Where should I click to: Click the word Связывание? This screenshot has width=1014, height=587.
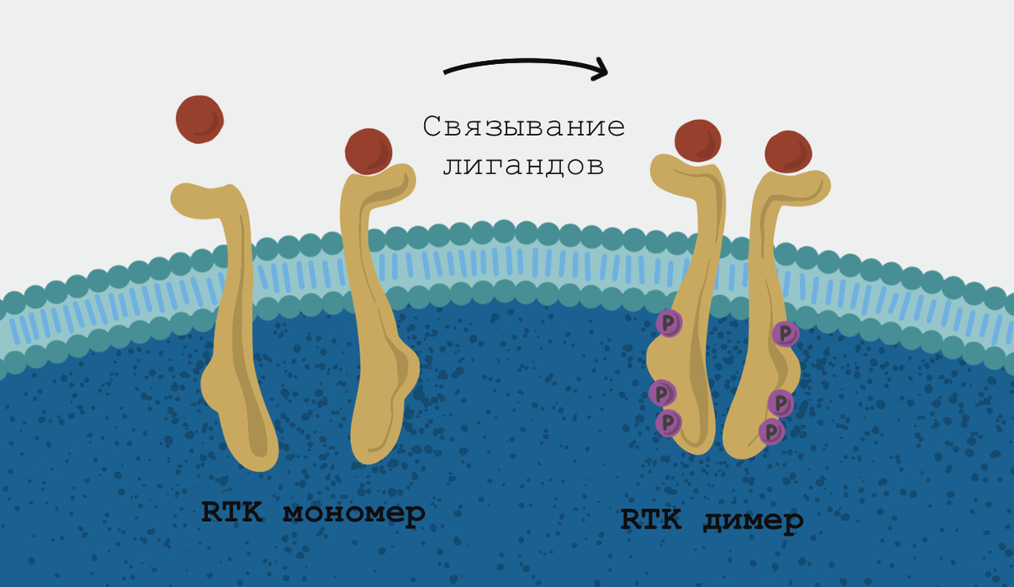(x=523, y=127)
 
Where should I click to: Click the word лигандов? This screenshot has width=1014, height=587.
(x=523, y=165)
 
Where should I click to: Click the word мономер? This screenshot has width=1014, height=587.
(x=354, y=514)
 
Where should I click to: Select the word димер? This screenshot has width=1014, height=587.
(x=754, y=520)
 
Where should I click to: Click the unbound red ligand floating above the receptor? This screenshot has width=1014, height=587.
(x=200, y=119)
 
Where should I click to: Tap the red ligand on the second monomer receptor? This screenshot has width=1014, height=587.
(x=368, y=151)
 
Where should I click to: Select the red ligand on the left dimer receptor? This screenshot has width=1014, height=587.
(x=698, y=141)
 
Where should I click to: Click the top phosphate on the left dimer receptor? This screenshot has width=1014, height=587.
(x=668, y=323)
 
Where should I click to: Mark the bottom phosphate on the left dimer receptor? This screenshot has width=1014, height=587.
(x=669, y=422)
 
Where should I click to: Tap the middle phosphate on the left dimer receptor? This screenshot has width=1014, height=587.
(x=662, y=393)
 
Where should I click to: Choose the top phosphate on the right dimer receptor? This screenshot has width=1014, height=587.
(x=786, y=333)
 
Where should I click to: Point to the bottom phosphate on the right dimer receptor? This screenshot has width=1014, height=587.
(x=771, y=431)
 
